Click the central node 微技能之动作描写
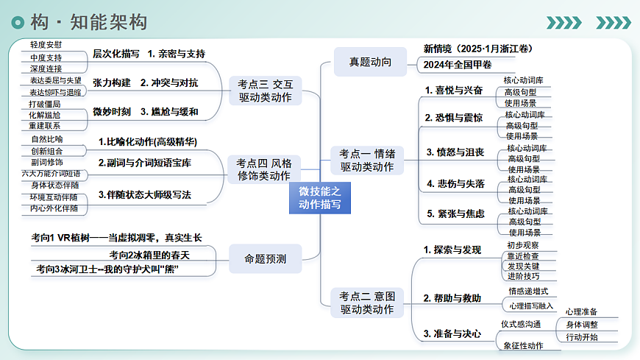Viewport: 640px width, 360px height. [319, 198]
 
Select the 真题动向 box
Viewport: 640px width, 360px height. [370, 62]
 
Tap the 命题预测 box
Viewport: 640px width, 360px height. [266, 258]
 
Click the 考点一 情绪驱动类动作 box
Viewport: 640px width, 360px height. [367, 160]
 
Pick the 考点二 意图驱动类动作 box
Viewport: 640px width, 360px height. [367, 303]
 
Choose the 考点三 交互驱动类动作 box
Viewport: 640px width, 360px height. [266, 91]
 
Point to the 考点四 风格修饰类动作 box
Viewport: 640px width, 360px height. [264, 169]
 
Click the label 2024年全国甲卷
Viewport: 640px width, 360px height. [457, 65]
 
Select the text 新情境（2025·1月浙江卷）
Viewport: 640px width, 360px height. [477, 49]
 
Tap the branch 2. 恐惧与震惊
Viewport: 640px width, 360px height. [454, 118]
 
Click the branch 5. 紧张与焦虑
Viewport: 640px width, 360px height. [455, 213]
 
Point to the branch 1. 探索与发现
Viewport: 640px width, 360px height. [452, 250]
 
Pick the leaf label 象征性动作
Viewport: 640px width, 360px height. [523, 346]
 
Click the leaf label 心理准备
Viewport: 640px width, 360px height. [581, 312]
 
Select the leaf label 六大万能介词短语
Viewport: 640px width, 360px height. [51, 174]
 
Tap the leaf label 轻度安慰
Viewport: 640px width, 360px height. [46, 45]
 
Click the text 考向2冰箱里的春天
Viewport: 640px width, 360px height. [149, 255]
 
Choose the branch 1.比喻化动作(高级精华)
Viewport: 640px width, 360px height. [148, 142]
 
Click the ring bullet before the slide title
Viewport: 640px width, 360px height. [18, 22]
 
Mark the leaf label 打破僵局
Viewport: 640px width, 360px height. [44, 105]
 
